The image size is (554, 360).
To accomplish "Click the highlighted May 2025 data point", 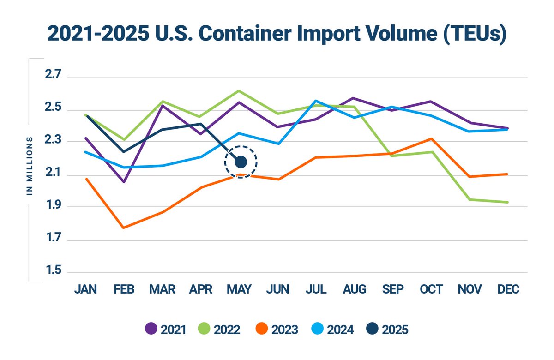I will (241, 162).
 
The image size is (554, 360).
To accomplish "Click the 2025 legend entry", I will (388, 330).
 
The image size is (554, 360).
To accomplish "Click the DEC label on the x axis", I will (508, 289).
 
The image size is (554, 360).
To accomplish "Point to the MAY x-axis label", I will (239, 289).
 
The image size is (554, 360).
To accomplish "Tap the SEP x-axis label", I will (393, 289).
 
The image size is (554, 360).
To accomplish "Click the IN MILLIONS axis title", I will (30, 166).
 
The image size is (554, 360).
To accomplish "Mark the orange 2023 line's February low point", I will (124, 228).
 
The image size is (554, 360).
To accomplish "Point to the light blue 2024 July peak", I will (316, 101).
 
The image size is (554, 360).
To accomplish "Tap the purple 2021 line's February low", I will (124, 182).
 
